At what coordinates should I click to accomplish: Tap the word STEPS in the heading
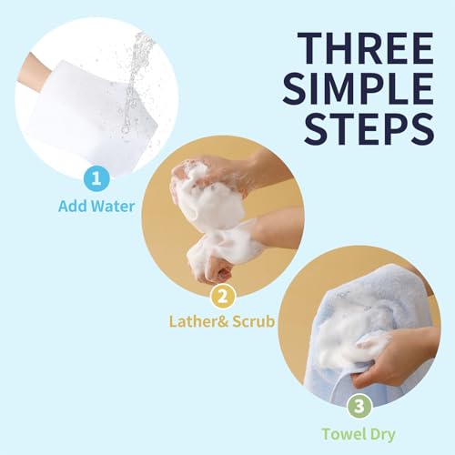[370, 127]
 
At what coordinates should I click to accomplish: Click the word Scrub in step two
[251, 321]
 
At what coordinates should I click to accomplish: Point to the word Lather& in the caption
[197, 321]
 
